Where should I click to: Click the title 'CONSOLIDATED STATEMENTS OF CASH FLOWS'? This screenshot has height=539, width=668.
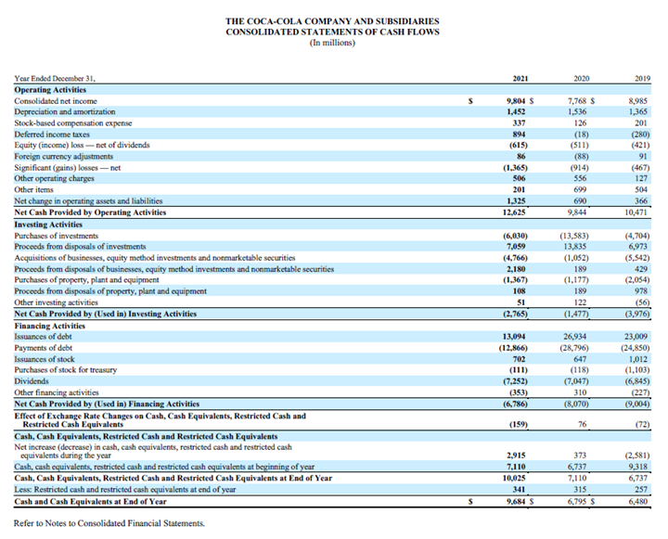333,32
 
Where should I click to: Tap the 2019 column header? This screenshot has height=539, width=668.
636,80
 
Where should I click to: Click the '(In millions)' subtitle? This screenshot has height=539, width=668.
333,43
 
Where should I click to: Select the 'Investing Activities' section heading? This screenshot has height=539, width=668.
49,223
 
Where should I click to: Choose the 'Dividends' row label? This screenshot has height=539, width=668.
32,380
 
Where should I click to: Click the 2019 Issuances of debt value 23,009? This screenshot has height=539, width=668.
633,335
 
